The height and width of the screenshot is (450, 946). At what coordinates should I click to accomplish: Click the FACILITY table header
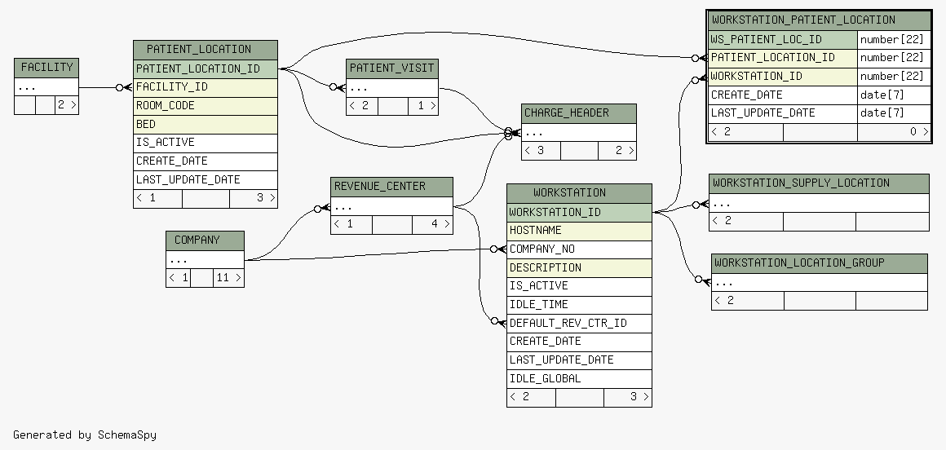click(46, 68)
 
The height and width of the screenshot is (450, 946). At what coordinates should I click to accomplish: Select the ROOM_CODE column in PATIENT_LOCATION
click(206, 105)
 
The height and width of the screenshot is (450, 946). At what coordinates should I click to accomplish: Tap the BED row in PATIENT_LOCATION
click(206, 124)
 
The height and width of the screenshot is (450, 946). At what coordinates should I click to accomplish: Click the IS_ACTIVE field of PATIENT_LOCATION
click(206, 143)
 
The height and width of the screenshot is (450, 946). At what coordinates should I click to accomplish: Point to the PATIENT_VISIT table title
click(392, 68)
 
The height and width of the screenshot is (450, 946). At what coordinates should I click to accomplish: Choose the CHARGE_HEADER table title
click(578, 113)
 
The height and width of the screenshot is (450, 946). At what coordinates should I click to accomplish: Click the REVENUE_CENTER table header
click(391, 187)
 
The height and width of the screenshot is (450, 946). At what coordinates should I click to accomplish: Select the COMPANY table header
click(206, 240)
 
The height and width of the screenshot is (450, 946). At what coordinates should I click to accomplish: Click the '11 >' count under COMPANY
click(228, 278)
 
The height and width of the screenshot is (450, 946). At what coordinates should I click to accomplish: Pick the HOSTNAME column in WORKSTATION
click(579, 231)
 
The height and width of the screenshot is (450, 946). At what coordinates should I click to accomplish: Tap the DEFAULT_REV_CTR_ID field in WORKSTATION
click(579, 324)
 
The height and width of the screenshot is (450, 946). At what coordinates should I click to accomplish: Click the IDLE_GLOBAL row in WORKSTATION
click(579, 379)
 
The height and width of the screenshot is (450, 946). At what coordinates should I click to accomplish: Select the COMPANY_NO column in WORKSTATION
click(579, 249)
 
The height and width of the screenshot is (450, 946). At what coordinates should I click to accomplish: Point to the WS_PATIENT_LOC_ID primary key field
click(783, 40)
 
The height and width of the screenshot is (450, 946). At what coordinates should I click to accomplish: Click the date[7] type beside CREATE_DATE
click(894, 95)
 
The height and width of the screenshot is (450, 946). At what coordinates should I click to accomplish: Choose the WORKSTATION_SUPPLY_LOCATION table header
click(819, 183)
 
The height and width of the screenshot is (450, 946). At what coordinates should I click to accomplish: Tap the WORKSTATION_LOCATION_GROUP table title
click(820, 263)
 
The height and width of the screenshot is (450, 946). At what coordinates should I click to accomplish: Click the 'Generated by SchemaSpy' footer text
click(85, 435)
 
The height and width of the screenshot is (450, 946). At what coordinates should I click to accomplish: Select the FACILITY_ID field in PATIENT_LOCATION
click(206, 87)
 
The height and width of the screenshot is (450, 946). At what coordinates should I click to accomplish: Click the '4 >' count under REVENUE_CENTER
click(432, 224)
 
